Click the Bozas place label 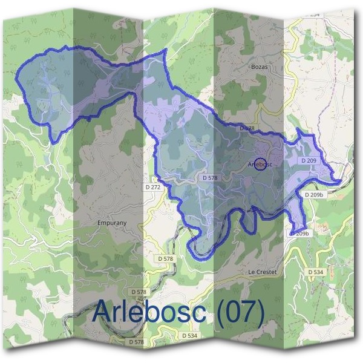tap(258, 68)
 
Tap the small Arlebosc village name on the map tap(261, 164)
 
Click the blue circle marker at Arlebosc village tap(258, 163)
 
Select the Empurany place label tap(112, 223)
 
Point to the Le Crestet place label tap(262, 272)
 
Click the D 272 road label tap(153, 188)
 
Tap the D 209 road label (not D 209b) tap(309, 161)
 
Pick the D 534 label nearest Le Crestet tap(316, 273)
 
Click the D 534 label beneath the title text tap(189, 335)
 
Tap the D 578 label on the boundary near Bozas tap(247, 129)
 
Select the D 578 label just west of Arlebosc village tap(209, 178)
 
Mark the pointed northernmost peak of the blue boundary tap(164, 51)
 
